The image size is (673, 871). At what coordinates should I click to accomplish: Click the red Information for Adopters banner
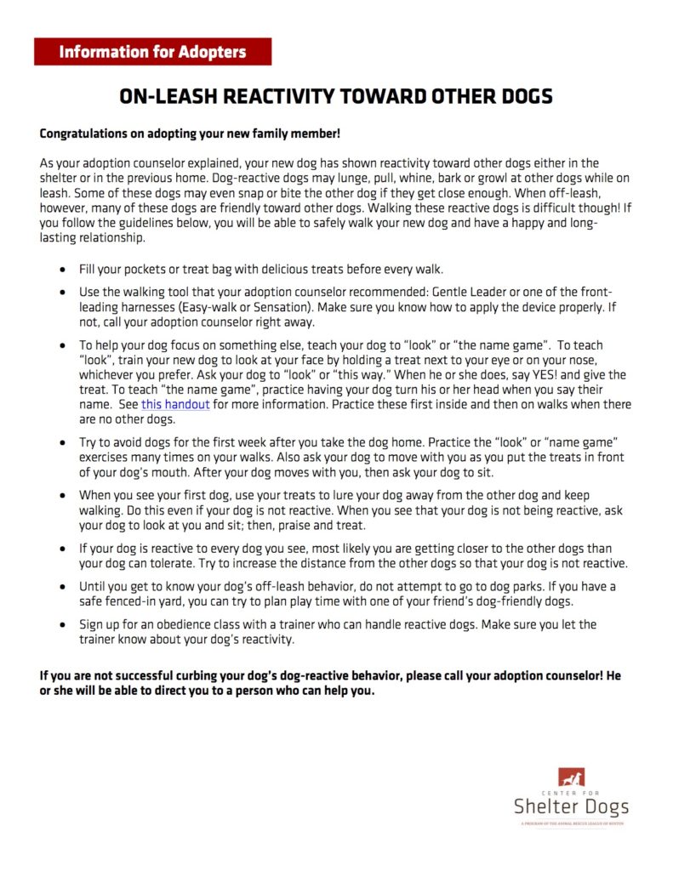click(x=152, y=52)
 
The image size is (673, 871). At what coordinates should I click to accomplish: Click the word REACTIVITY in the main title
click(x=272, y=96)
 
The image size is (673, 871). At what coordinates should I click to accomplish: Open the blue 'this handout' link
click(x=175, y=405)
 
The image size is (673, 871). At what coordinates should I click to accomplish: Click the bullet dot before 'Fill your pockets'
click(x=64, y=270)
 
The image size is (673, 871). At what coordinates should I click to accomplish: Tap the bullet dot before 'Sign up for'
click(x=64, y=625)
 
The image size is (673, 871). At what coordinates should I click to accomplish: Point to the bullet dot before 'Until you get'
click(x=64, y=587)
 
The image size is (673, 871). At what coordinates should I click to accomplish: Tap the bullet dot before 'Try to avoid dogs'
click(x=64, y=444)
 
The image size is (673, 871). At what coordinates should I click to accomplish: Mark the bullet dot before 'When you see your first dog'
click(x=64, y=496)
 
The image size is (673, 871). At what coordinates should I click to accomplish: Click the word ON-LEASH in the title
click(x=162, y=96)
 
